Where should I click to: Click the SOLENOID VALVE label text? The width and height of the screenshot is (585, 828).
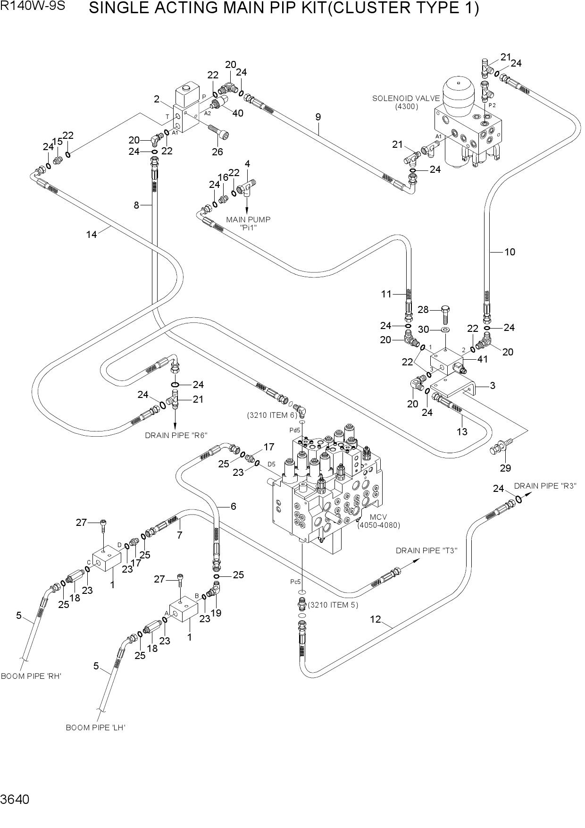tap(406, 99)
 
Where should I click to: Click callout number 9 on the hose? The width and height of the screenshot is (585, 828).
tap(318, 117)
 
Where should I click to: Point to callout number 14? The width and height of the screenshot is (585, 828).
tap(91, 234)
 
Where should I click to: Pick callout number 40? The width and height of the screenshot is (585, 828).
tap(238, 113)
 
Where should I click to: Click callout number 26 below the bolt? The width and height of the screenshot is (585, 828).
tap(217, 152)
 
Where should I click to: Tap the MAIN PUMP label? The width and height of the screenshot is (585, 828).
tap(248, 220)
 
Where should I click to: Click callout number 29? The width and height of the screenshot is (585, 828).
tap(505, 468)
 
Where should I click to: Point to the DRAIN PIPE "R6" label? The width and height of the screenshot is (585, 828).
tap(176, 435)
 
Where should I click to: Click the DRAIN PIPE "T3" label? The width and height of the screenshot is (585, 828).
tap(426, 550)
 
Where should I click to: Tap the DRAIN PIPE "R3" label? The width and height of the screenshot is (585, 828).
tap(545, 486)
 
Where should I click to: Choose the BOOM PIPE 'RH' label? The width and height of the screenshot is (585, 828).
tap(31, 676)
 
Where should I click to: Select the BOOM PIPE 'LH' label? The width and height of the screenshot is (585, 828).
tap(95, 727)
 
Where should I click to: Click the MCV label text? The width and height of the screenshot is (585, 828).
tap(378, 517)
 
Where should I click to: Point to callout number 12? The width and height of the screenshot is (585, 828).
tap(375, 619)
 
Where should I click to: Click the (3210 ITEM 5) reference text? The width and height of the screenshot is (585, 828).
tap(333, 605)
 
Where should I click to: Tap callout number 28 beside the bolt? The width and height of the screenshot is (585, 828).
tap(423, 310)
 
